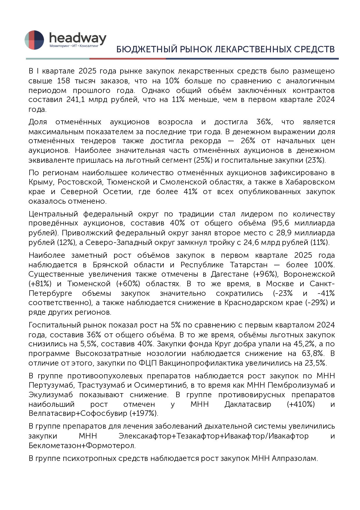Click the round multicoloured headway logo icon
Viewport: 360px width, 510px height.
34,40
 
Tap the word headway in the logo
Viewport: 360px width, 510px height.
78,38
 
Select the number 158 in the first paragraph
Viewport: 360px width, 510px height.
63,81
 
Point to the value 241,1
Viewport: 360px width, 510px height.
76,100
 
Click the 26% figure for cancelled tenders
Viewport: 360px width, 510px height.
248,141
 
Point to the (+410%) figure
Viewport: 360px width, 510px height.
300,405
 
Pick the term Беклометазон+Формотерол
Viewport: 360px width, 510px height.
82,445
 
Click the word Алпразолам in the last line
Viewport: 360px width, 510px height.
294,458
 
